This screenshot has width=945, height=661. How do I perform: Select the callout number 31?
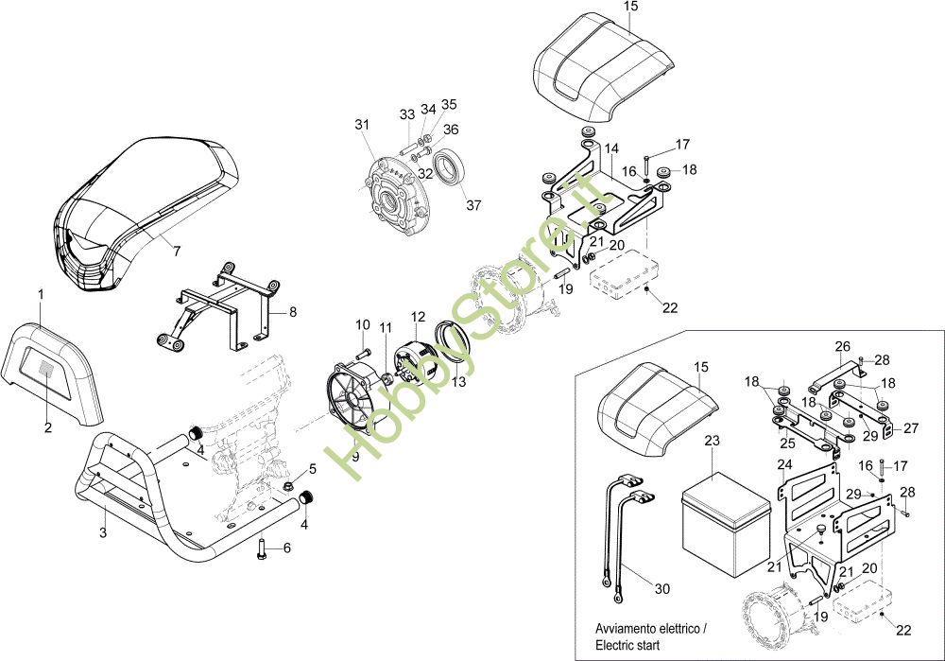click(362, 125)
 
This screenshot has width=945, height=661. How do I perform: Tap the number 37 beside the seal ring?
click(473, 206)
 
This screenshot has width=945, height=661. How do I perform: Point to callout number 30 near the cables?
click(661, 589)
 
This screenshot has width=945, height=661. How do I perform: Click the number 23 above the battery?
click(713, 441)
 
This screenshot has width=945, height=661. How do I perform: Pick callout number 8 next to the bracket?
click(293, 310)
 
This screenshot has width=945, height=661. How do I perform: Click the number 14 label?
click(611, 148)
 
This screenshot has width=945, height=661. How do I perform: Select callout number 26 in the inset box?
click(843, 345)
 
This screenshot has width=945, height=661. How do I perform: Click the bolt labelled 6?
click(261, 548)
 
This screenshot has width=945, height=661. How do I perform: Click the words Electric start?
click(627, 645)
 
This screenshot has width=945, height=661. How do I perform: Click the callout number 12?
click(419, 315)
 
